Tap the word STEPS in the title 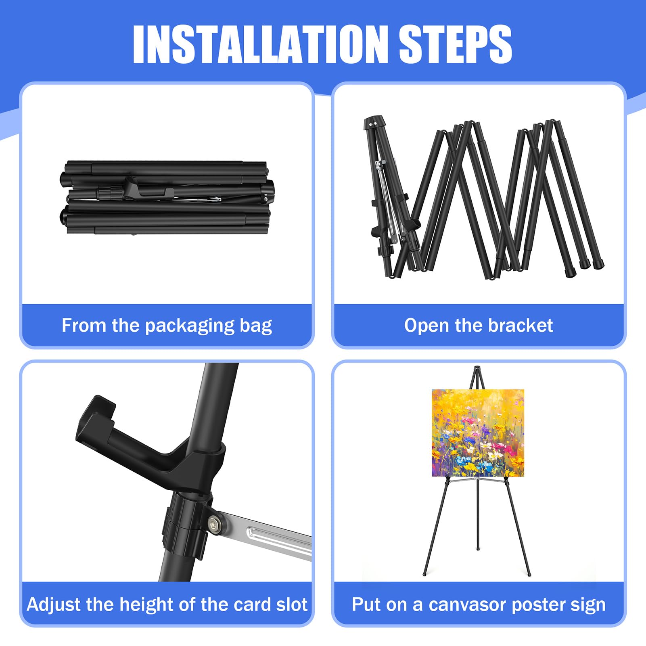(456, 44)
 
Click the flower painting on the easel (478, 433)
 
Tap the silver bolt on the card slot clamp (213, 523)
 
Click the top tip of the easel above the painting (477, 367)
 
